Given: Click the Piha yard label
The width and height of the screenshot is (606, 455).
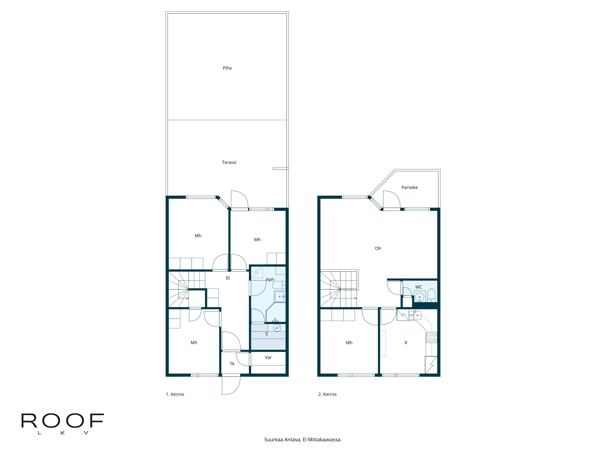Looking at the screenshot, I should click(x=227, y=68).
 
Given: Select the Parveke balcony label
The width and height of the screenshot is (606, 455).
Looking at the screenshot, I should click(x=409, y=187).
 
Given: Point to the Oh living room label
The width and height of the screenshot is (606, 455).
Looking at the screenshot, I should click(x=378, y=248).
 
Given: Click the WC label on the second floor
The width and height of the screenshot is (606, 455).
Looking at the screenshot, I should click(x=418, y=287).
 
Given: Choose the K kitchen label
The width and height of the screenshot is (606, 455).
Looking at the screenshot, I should click(x=406, y=343).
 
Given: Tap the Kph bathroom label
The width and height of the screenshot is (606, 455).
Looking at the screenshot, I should click(x=270, y=280).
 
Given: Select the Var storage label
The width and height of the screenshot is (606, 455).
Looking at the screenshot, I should click(x=268, y=357).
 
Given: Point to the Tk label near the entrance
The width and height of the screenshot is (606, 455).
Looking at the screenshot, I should click(x=232, y=364).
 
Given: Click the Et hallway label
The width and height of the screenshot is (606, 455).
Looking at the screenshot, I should click(x=228, y=278).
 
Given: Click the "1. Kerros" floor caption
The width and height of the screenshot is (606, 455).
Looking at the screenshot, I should click(x=175, y=394).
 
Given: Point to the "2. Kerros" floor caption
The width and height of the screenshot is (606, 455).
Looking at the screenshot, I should click(x=327, y=394).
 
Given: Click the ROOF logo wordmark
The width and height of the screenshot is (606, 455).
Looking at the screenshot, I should click(x=62, y=421).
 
